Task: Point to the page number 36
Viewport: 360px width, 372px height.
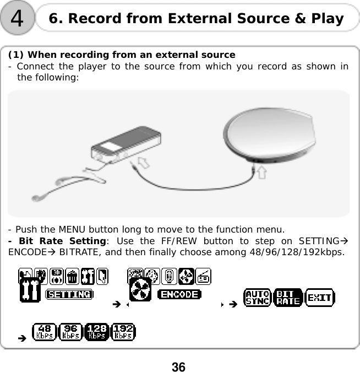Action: [x=178, y=366]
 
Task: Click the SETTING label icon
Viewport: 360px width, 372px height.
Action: [x=69, y=294]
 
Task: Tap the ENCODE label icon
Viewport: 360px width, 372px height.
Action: [x=179, y=294]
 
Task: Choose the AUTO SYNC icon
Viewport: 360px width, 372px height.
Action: [x=258, y=298]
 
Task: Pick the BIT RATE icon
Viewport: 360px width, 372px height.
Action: [x=287, y=298]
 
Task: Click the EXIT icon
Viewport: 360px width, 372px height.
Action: [x=319, y=298]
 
